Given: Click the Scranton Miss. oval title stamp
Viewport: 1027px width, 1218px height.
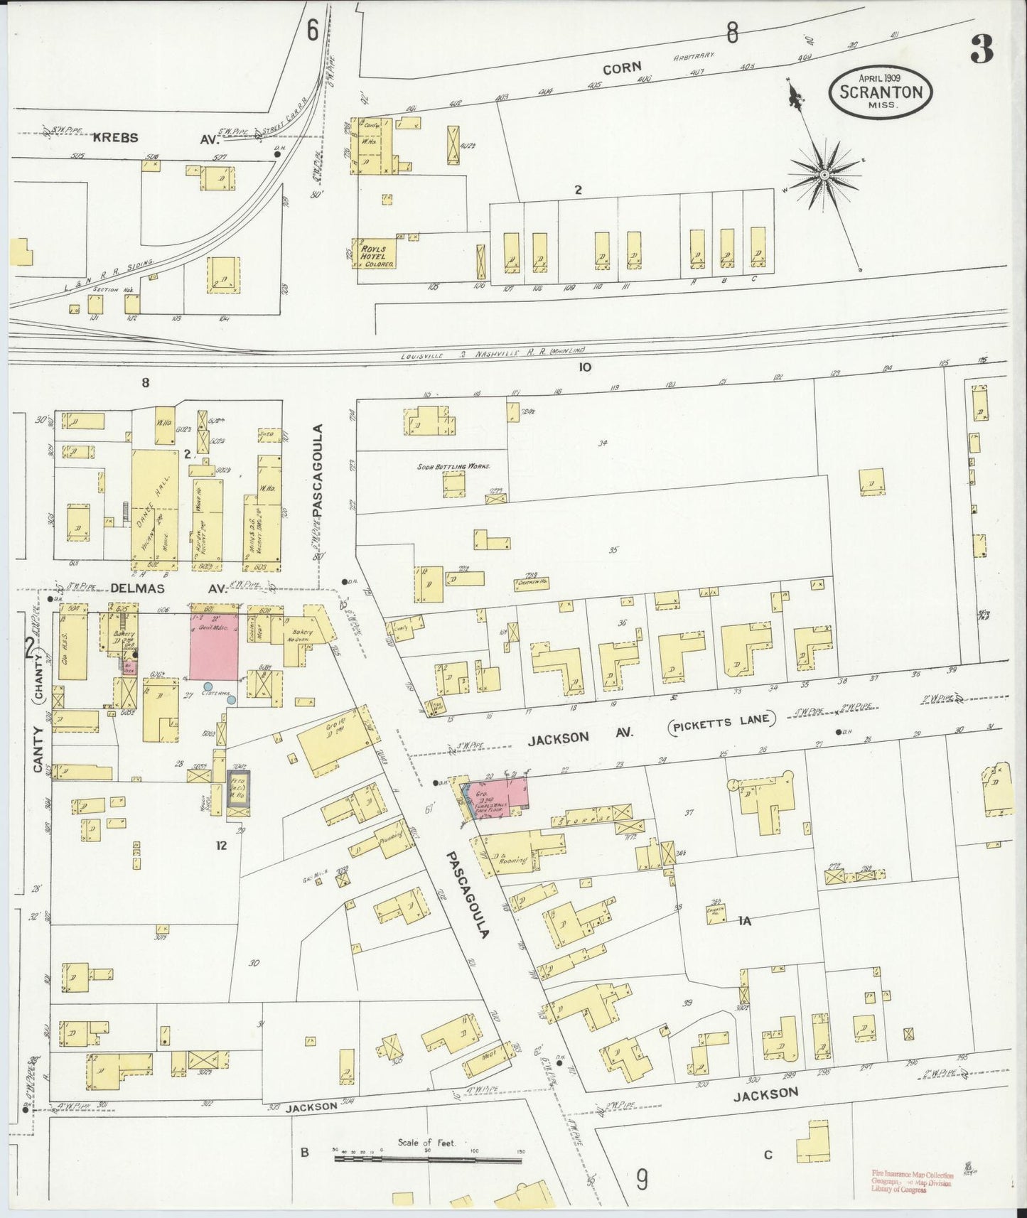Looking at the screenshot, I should [881, 91].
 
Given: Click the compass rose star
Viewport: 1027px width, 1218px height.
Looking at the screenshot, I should [824, 175].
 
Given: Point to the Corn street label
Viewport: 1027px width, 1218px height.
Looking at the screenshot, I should [622, 69].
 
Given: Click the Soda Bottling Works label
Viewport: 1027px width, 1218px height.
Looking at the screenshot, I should [453, 467].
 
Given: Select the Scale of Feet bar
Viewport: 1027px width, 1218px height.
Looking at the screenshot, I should [428, 1159].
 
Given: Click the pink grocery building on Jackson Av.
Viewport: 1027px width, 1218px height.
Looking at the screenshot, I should [503, 794].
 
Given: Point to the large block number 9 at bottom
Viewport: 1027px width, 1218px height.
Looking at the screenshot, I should [642, 1181].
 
